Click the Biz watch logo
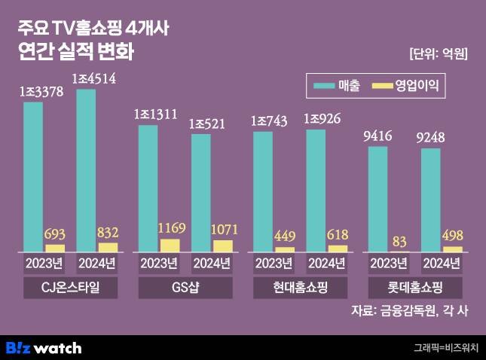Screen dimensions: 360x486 click(x=43, y=347)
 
